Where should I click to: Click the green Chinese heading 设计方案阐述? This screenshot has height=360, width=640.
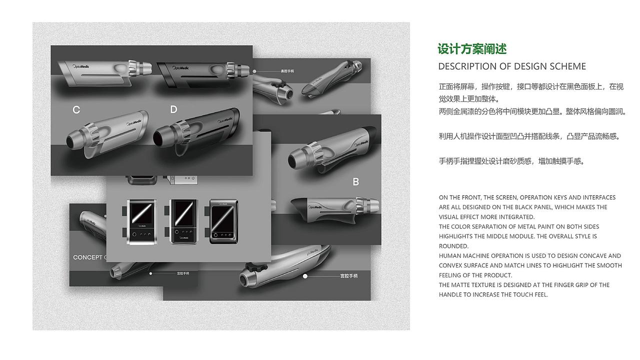[472, 49]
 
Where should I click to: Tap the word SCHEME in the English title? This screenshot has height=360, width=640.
[564, 66]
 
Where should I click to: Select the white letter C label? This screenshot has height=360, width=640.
[76, 109]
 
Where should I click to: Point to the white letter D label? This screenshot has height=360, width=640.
[173, 109]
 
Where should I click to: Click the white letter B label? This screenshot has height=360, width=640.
[355, 182]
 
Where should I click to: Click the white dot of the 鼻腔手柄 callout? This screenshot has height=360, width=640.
[254, 71]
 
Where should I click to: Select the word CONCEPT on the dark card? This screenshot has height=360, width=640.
[87, 257]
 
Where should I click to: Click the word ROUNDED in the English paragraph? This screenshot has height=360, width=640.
[454, 246]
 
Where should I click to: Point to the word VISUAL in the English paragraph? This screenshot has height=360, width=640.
[449, 217]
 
